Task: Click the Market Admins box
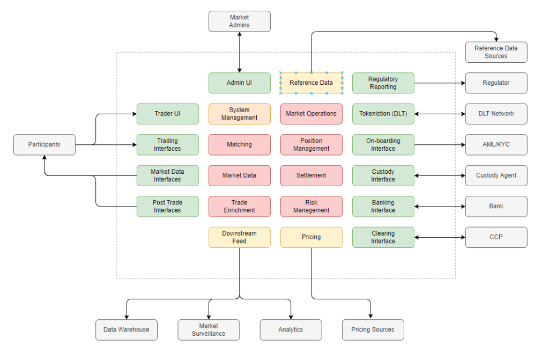coord(239,21)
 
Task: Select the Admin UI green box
coord(239,83)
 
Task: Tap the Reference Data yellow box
coord(311,83)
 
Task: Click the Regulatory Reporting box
coord(383,83)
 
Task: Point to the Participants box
coord(44,144)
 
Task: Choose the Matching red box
coord(239,144)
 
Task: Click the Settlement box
coord(311,175)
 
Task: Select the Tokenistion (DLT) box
coord(383,114)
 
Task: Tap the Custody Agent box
coord(496,175)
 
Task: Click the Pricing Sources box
coord(373,329)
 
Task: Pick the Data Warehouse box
coord(127,329)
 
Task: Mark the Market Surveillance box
coord(209,329)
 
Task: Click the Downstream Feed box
coord(239,237)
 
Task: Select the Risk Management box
coord(311,207)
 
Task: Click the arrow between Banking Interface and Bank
coord(440,207)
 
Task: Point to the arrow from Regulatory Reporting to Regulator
coord(440,83)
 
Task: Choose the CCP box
coord(496,237)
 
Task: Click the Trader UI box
coord(167,114)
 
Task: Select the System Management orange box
coord(239,114)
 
